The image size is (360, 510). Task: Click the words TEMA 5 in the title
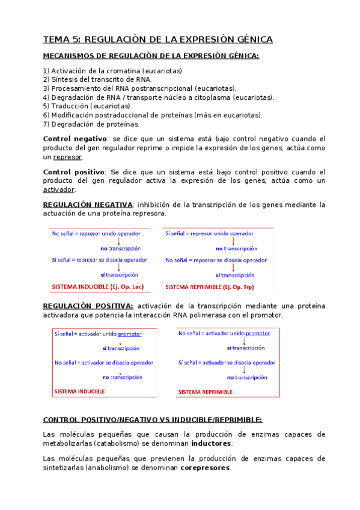pos(59,40)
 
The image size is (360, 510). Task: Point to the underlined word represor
pos(67,157)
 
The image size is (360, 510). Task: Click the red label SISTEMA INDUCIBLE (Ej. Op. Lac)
pos(98,286)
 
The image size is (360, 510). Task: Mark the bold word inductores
pos(211,444)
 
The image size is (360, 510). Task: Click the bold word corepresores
pos(206,468)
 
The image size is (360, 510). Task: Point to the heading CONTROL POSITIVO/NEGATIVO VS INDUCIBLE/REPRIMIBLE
pos(153,420)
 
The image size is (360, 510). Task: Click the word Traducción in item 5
pos(69,106)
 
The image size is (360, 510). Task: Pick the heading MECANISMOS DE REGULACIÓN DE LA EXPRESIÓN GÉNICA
pos(151,56)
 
